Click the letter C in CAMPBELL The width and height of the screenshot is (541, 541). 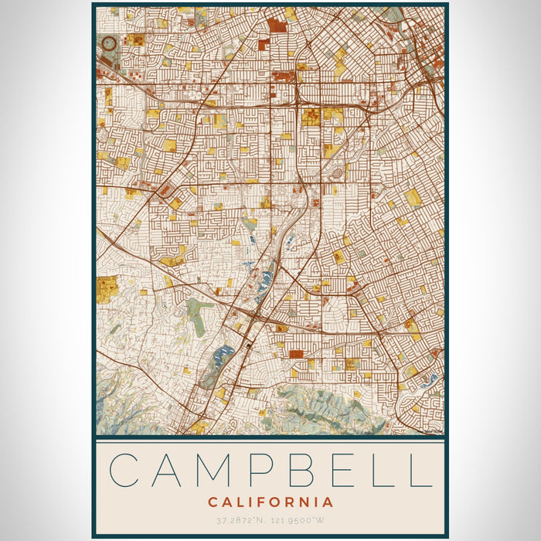pos(128,470)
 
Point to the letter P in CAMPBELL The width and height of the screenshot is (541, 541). pos(264,470)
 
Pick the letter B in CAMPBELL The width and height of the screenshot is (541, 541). pos(304,470)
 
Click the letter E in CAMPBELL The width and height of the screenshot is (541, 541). pos(342,470)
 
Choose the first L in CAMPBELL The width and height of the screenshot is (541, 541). pos(379,470)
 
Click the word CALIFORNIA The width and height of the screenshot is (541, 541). pos(270,502)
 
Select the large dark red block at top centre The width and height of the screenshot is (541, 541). pos(277,26)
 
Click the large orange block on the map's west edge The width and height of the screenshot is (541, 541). pos(107,284)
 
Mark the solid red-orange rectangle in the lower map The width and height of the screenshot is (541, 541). pos(296,354)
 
